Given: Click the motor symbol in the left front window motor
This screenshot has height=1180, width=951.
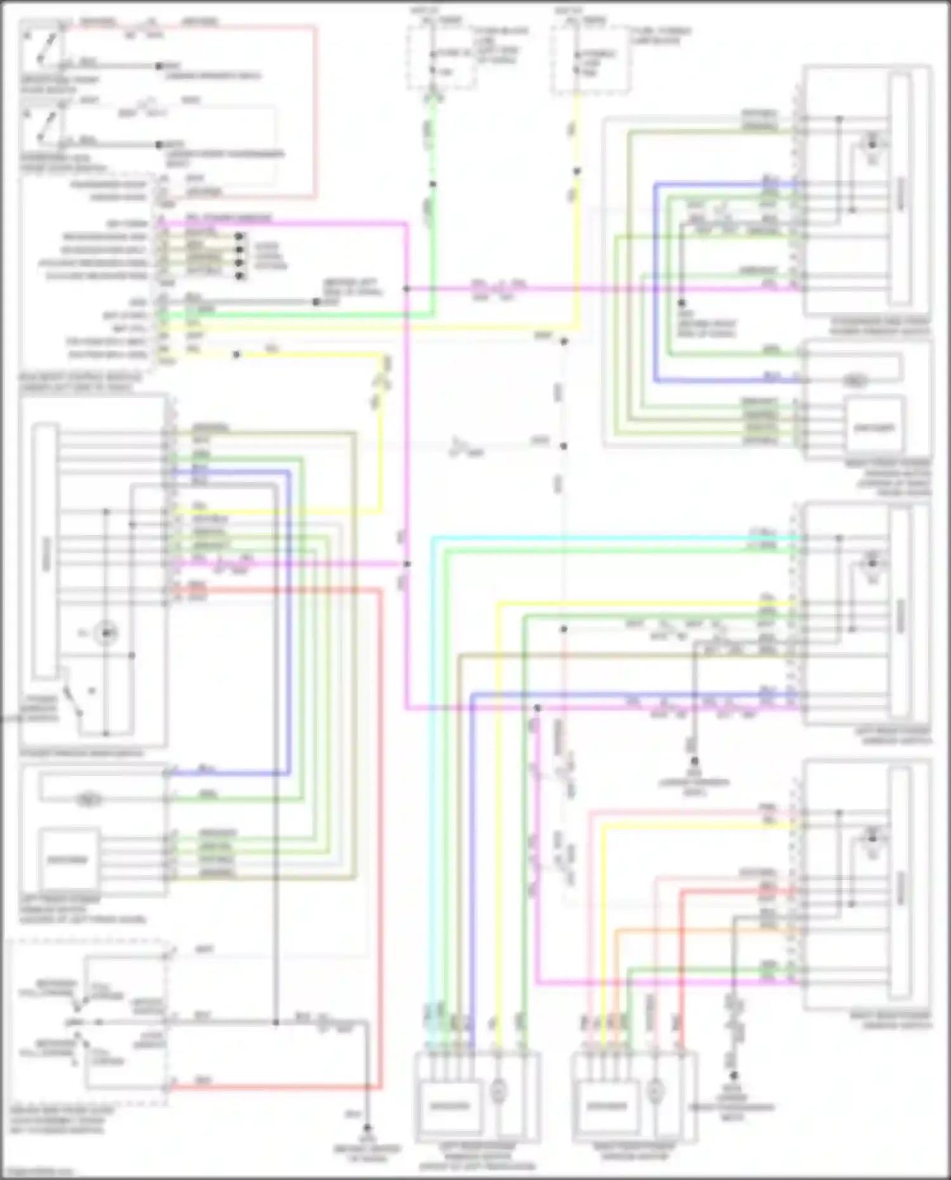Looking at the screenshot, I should pyautogui.click(x=86, y=800).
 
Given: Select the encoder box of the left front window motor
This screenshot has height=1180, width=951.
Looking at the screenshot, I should pyautogui.click(x=68, y=859).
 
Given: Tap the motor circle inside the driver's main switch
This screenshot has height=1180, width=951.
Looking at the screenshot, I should pyautogui.click(x=106, y=633).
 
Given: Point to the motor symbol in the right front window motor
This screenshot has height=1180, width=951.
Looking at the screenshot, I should pyautogui.click(x=855, y=381).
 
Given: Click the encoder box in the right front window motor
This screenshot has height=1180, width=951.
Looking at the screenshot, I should pyautogui.click(x=873, y=427).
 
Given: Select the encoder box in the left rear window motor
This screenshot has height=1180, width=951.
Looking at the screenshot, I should pyautogui.click(x=451, y=1106).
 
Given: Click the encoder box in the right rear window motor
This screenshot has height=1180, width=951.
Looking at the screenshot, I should pyautogui.click(x=607, y=1106).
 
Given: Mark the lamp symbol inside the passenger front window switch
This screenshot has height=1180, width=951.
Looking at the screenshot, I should pyautogui.click(x=872, y=141).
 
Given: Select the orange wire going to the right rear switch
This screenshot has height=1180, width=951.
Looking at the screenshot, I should pyautogui.click(x=697, y=931).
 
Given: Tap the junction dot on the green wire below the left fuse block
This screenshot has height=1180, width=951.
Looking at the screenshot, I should pyautogui.click(x=432, y=185).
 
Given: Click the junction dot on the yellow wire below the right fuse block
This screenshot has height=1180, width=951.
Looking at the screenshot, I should pyautogui.click(x=577, y=171).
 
